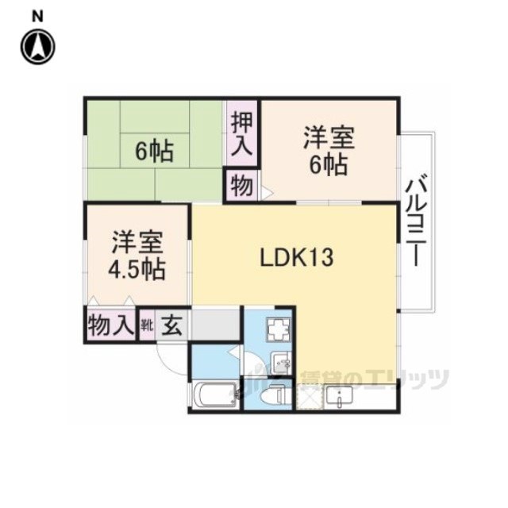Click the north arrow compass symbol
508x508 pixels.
[38, 47]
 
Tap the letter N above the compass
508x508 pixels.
[37, 16]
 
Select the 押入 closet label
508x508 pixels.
[241, 133]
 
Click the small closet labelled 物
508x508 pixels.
[241, 186]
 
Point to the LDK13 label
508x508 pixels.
[296, 257]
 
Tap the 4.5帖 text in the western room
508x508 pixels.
[137, 269]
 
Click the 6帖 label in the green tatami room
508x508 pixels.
[155, 152]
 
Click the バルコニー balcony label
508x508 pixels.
[416, 221]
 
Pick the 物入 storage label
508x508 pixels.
[111, 325]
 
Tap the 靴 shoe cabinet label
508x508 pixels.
[146, 325]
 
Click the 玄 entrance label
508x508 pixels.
[171, 325]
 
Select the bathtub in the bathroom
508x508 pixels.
[217, 394]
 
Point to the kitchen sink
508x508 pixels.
[339, 395]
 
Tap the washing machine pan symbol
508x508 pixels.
[279, 329]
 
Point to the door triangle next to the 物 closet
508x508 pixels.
[267, 193]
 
